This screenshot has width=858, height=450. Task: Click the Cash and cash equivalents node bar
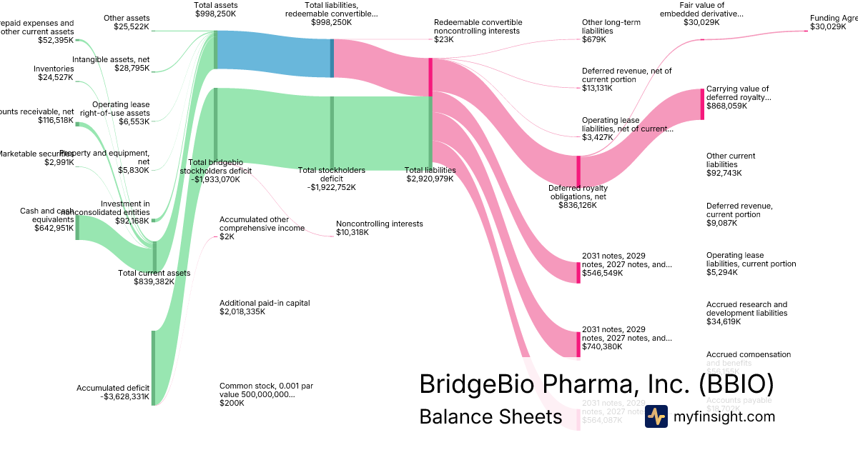(77, 227)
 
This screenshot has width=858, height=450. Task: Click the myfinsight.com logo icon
(656, 416)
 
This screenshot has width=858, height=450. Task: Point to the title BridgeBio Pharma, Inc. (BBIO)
(596, 384)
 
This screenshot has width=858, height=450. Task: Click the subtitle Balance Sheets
(490, 416)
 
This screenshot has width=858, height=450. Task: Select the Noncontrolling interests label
(379, 224)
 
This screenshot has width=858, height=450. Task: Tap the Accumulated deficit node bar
(153, 367)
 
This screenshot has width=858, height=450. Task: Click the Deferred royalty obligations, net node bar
(578, 171)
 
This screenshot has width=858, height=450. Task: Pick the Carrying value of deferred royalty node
(702, 104)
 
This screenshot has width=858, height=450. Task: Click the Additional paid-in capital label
(265, 303)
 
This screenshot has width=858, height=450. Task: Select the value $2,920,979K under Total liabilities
(430, 179)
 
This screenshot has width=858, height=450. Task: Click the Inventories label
(54, 69)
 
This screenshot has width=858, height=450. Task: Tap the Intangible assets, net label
(111, 59)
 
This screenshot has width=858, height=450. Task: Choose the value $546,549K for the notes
(603, 273)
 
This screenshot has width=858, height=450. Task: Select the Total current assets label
(154, 273)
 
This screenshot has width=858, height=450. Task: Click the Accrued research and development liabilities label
(746, 309)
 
